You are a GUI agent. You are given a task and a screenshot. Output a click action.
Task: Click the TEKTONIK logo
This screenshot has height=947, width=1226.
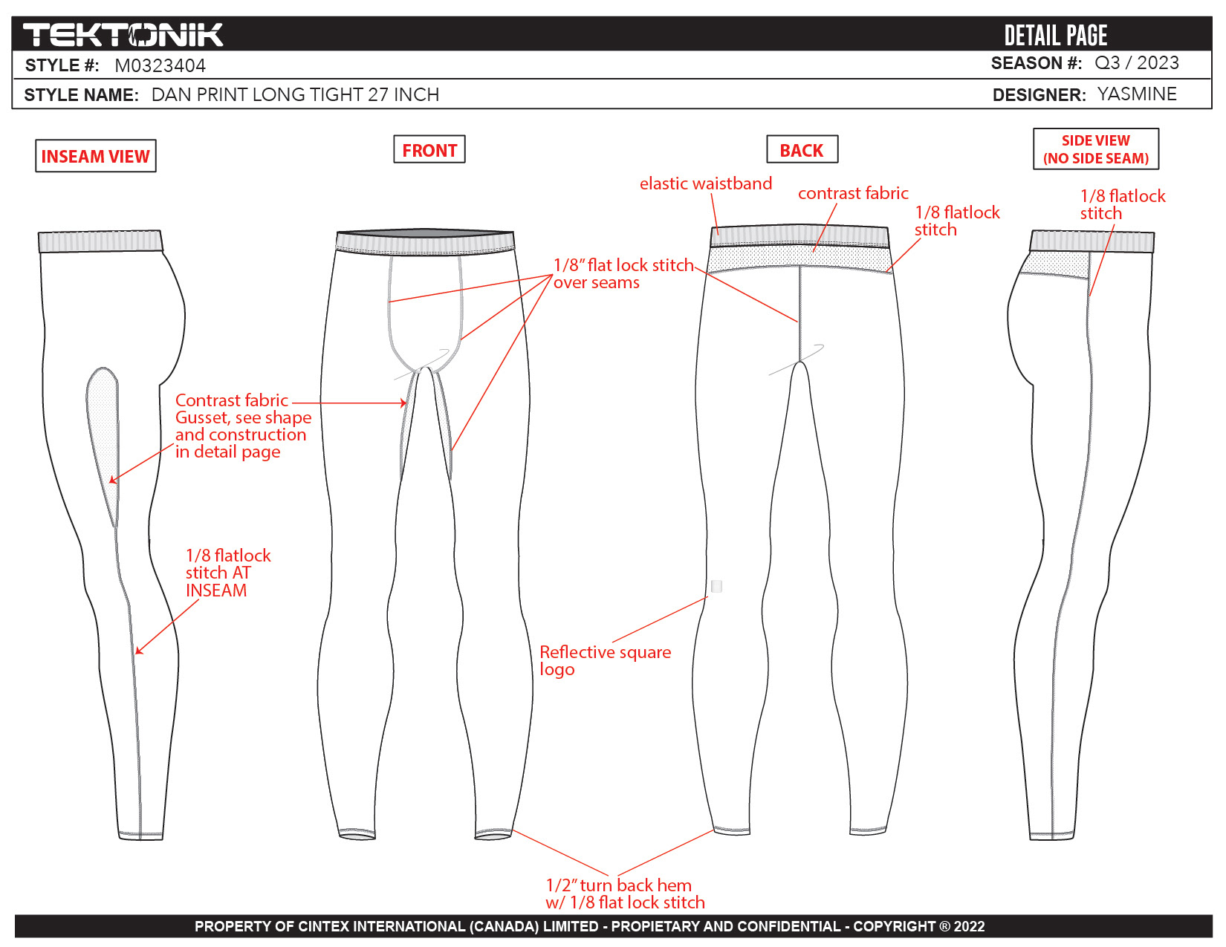point(123,35)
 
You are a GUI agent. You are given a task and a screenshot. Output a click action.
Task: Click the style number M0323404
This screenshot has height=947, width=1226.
point(160,66)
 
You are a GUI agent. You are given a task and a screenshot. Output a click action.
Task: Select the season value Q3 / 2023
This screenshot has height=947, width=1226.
point(1136,63)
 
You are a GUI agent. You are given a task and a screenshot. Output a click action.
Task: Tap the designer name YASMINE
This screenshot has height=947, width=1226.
point(1136,94)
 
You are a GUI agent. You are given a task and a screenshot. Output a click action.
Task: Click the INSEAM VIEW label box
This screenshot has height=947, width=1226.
point(96,156)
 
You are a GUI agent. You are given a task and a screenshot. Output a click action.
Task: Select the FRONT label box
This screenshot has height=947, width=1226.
point(429,150)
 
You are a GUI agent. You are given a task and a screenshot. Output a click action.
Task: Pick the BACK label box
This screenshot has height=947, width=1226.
point(802,150)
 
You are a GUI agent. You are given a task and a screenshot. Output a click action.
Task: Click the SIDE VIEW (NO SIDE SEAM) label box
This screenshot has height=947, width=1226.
point(1095,149)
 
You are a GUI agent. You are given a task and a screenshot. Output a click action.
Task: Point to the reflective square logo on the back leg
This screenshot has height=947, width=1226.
point(716,586)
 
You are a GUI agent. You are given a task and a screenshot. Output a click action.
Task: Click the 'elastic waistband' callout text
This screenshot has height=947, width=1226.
point(705,183)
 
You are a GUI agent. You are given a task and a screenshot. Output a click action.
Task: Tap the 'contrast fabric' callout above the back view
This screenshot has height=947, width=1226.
point(852,193)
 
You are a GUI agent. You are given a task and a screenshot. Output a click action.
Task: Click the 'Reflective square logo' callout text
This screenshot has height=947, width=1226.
point(605,660)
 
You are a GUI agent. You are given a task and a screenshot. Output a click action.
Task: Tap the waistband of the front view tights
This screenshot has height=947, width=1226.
point(425,243)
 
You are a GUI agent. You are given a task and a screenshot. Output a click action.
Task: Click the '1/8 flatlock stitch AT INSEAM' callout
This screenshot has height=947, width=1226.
point(227,573)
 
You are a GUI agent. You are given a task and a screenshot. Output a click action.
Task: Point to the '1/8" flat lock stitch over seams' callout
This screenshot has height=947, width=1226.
point(623,273)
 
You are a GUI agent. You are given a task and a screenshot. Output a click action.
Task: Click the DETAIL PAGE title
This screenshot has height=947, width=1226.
point(1055,35)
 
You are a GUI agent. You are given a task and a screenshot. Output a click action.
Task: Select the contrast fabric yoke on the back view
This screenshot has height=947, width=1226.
point(799,258)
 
